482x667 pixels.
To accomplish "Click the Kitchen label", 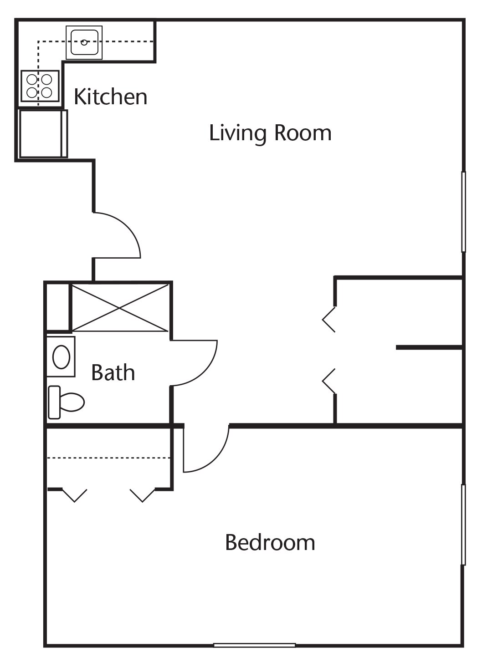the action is (111, 97).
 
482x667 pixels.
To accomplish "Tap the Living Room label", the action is (270, 133).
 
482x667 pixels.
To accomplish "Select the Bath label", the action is (113, 372).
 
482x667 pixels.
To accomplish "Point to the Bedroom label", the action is (270, 543).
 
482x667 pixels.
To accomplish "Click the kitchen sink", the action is (84, 42).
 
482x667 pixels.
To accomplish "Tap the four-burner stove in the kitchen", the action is (40, 86).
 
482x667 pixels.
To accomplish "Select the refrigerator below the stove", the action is (43, 134).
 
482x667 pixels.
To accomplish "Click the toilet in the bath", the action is (66, 402).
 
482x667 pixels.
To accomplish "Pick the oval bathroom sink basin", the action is (62, 357).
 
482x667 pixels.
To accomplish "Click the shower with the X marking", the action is (120, 308).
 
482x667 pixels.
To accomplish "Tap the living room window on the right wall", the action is (463, 212).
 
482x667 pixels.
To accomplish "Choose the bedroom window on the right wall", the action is (463, 524).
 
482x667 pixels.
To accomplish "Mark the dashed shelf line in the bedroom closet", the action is (109, 458).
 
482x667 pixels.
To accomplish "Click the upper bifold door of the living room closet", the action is (329, 320).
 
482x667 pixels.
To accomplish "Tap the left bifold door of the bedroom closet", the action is (74, 495).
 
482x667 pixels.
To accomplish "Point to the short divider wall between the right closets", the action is (429, 347).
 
